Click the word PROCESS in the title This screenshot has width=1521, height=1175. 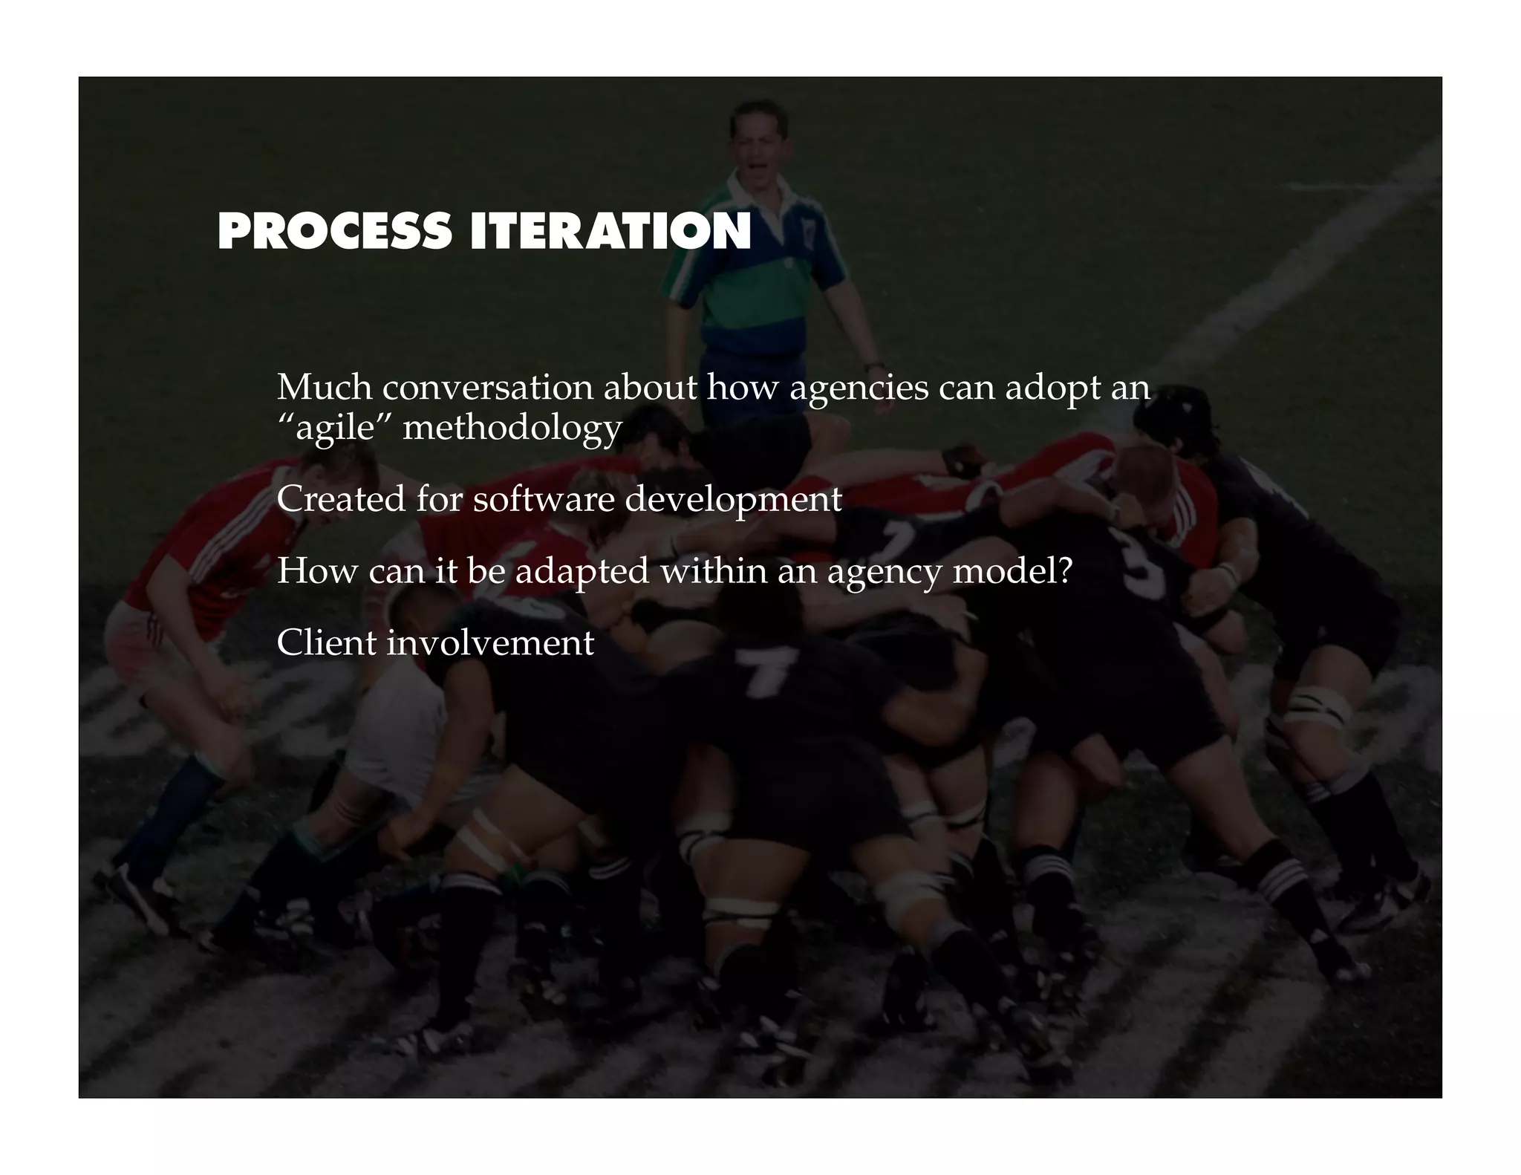pyautogui.click(x=334, y=232)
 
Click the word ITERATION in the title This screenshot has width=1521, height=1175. pyautogui.click(x=610, y=232)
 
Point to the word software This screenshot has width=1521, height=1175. pyautogui.click(x=544, y=498)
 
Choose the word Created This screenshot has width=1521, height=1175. pyautogui.click(x=341, y=498)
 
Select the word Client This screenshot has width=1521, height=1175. pyautogui.click(x=326, y=642)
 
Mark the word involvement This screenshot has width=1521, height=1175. pyautogui.click(x=490, y=642)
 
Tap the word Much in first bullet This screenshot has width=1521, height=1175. pyautogui.click(x=324, y=387)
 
